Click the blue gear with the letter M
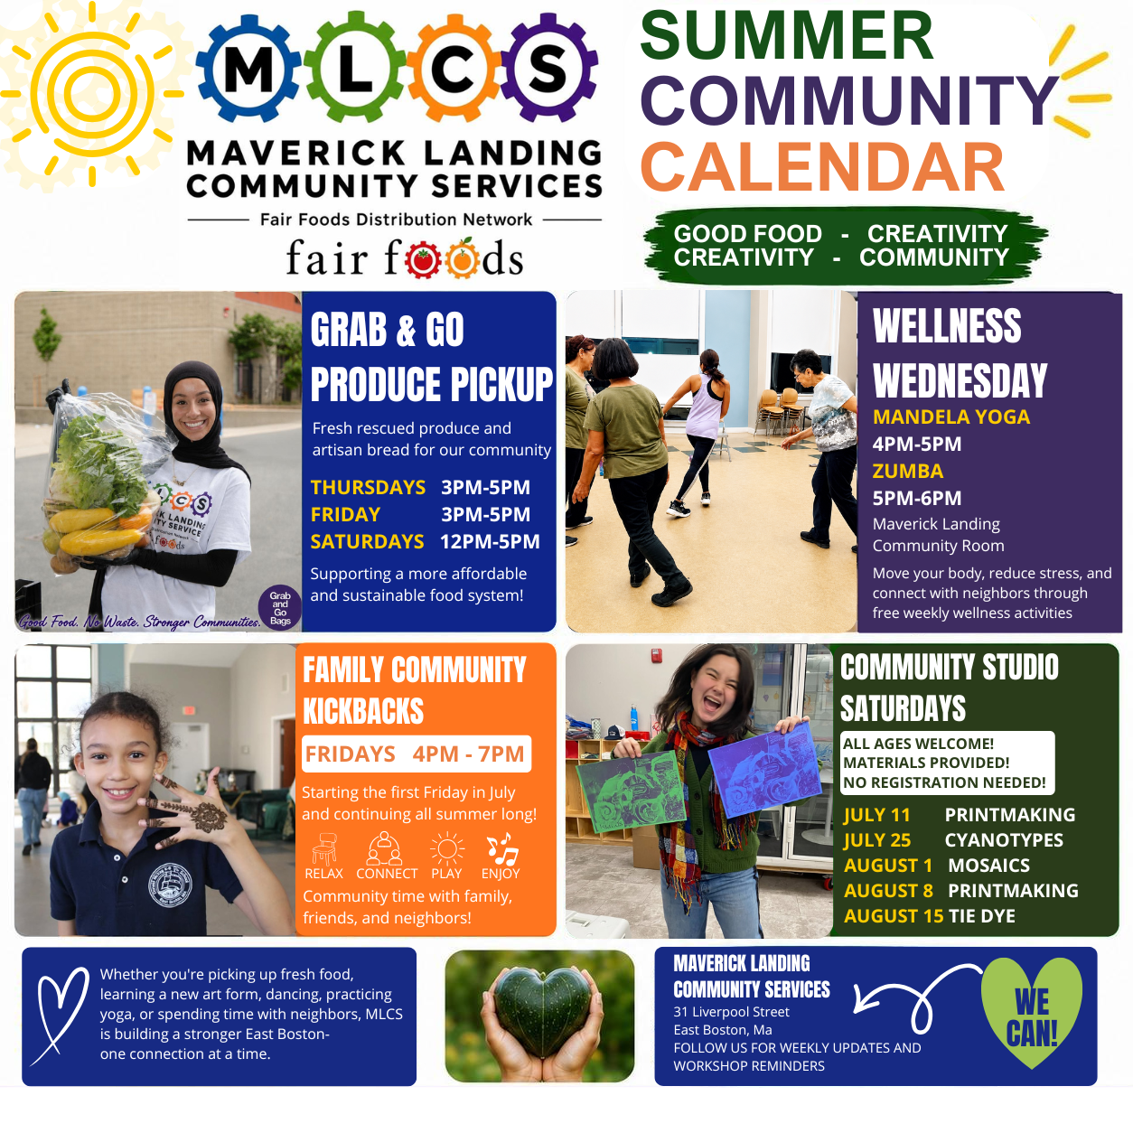coord(248,70)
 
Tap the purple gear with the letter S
coord(548,70)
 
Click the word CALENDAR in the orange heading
coord(822,167)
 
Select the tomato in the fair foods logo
coord(422,261)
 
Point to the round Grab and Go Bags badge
coord(280,608)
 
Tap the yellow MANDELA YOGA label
coord(950,417)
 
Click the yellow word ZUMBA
coord(908,471)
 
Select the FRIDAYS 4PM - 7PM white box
coord(417,754)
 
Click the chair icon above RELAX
coord(323,849)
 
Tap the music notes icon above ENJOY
coord(501,848)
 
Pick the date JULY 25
coord(877,840)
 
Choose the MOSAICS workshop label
coord(989,866)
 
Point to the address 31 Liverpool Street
coord(732,1012)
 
